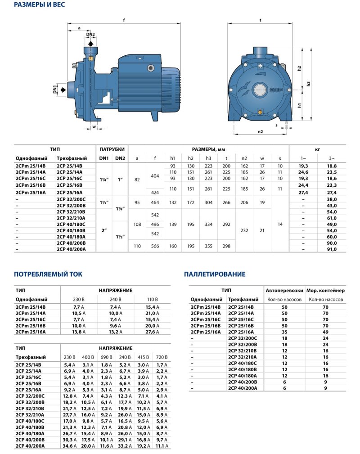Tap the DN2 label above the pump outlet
pos(90,35)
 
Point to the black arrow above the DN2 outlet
pos(90,42)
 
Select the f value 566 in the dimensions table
pos(155,246)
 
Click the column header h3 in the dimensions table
pos(208,158)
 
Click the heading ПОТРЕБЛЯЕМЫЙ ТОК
pos(48,274)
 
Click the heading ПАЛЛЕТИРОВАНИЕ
pos(215,274)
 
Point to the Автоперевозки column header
pos(282,290)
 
